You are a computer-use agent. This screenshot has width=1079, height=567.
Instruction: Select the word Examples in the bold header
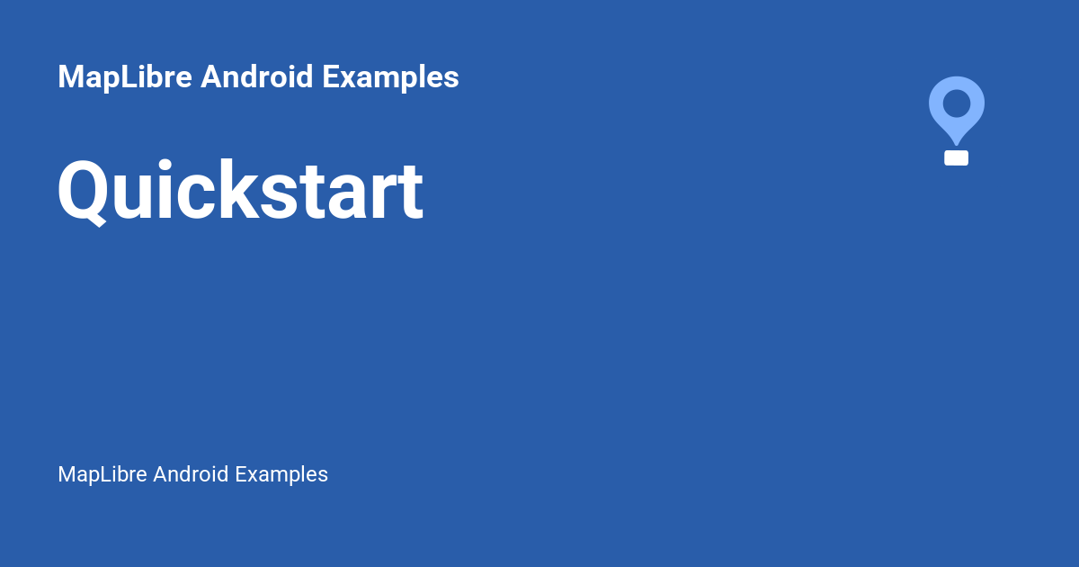click(x=390, y=77)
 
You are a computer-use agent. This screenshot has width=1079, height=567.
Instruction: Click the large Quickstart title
click(x=240, y=191)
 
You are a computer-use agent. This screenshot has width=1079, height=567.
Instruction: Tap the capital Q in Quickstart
click(x=84, y=192)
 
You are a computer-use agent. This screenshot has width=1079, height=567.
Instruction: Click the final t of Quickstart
click(x=409, y=193)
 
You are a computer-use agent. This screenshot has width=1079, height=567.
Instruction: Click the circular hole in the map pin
click(x=957, y=103)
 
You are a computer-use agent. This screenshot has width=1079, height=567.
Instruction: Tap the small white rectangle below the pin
click(x=957, y=157)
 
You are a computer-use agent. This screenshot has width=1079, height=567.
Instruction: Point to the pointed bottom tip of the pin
click(x=957, y=143)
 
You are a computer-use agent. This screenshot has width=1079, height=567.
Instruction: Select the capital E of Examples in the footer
click(x=241, y=474)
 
